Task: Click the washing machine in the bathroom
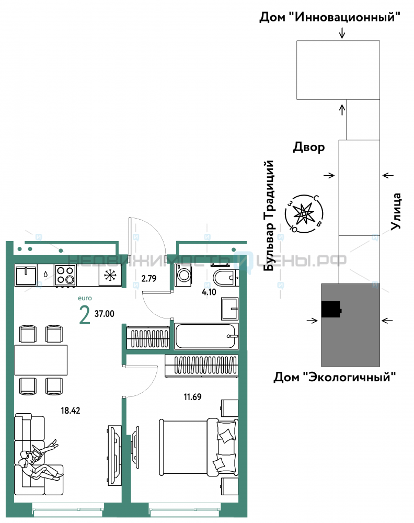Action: coord(183,275)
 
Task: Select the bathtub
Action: coord(206,336)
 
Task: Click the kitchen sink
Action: coord(26,275)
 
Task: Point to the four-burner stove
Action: coord(65,275)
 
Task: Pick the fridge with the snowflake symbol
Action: coord(110,275)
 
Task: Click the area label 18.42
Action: coord(71,411)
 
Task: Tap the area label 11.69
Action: coord(193,397)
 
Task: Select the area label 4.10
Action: coord(209,292)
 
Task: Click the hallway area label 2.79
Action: coord(148,279)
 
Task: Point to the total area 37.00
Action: coord(105,314)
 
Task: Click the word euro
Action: coord(85,298)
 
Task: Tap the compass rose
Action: coord(304,214)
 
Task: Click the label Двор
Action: coord(308,147)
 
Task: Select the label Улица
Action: coord(396,211)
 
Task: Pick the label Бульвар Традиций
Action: coord(269,215)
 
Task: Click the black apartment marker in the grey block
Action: coord(331,309)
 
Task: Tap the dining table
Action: coord(41,360)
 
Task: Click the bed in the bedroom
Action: coord(199,447)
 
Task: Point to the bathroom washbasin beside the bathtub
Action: coord(229,309)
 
